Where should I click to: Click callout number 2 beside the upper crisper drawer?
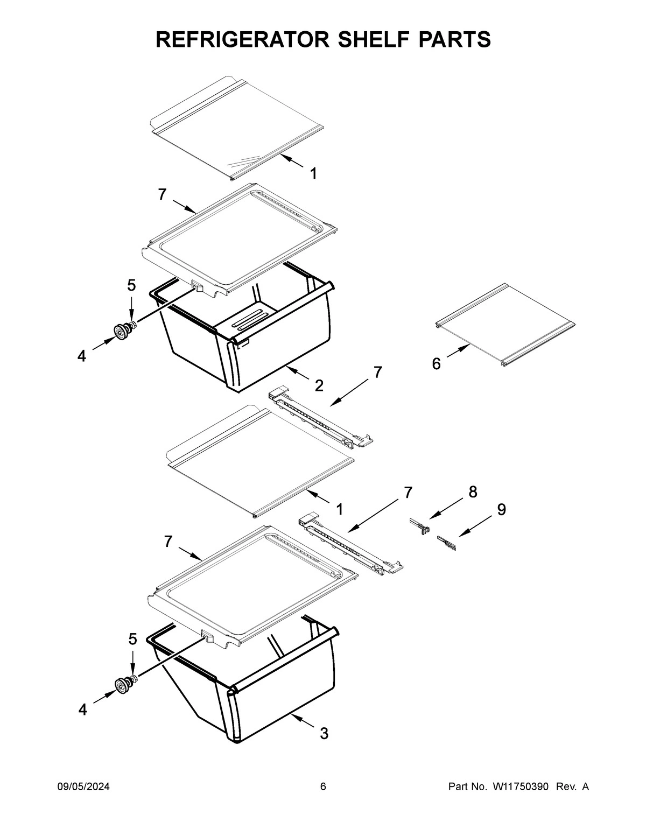click(319, 385)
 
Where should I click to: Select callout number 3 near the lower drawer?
click(324, 733)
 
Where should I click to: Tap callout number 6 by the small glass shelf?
click(436, 364)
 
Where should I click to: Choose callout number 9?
click(501, 509)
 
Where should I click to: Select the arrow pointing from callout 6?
click(456, 354)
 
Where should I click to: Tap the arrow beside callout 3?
click(301, 722)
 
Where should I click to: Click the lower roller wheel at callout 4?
click(121, 686)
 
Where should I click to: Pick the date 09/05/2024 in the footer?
click(83, 802)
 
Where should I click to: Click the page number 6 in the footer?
click(323, 802)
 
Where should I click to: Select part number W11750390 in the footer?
click(519, 802)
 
